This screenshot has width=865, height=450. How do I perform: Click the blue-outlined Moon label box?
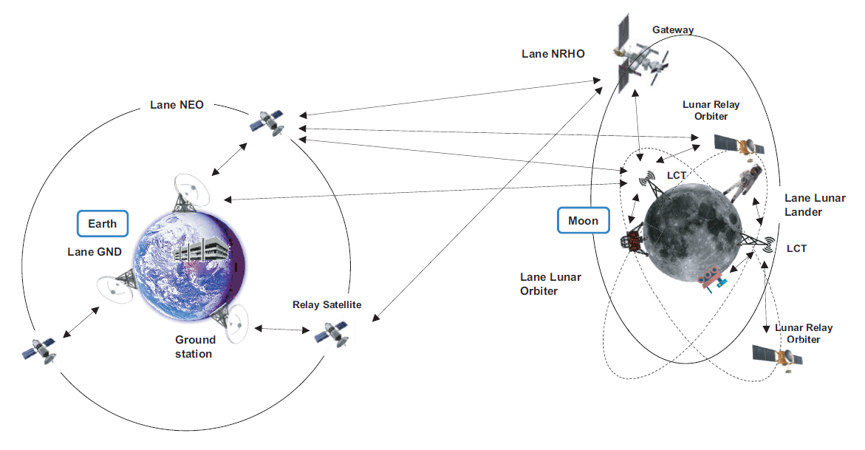coord(584,221)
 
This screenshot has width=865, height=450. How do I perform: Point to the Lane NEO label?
coord(177,105)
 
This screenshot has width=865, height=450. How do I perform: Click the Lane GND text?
coord(94,252)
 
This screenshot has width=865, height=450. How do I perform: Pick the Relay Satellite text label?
coord(326,304)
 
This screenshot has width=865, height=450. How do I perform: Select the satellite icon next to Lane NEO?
coord(267,123)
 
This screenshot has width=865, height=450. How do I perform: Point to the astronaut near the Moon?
coord(741,184)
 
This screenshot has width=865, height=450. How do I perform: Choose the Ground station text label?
coord(195,347)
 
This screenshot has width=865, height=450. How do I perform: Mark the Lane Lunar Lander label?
coord(802,205)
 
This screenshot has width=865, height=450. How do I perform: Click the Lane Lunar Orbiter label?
coord(550,284)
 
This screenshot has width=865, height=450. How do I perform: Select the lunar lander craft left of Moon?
coord(632,241)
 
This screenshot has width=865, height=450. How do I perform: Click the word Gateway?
coord(673,30)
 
